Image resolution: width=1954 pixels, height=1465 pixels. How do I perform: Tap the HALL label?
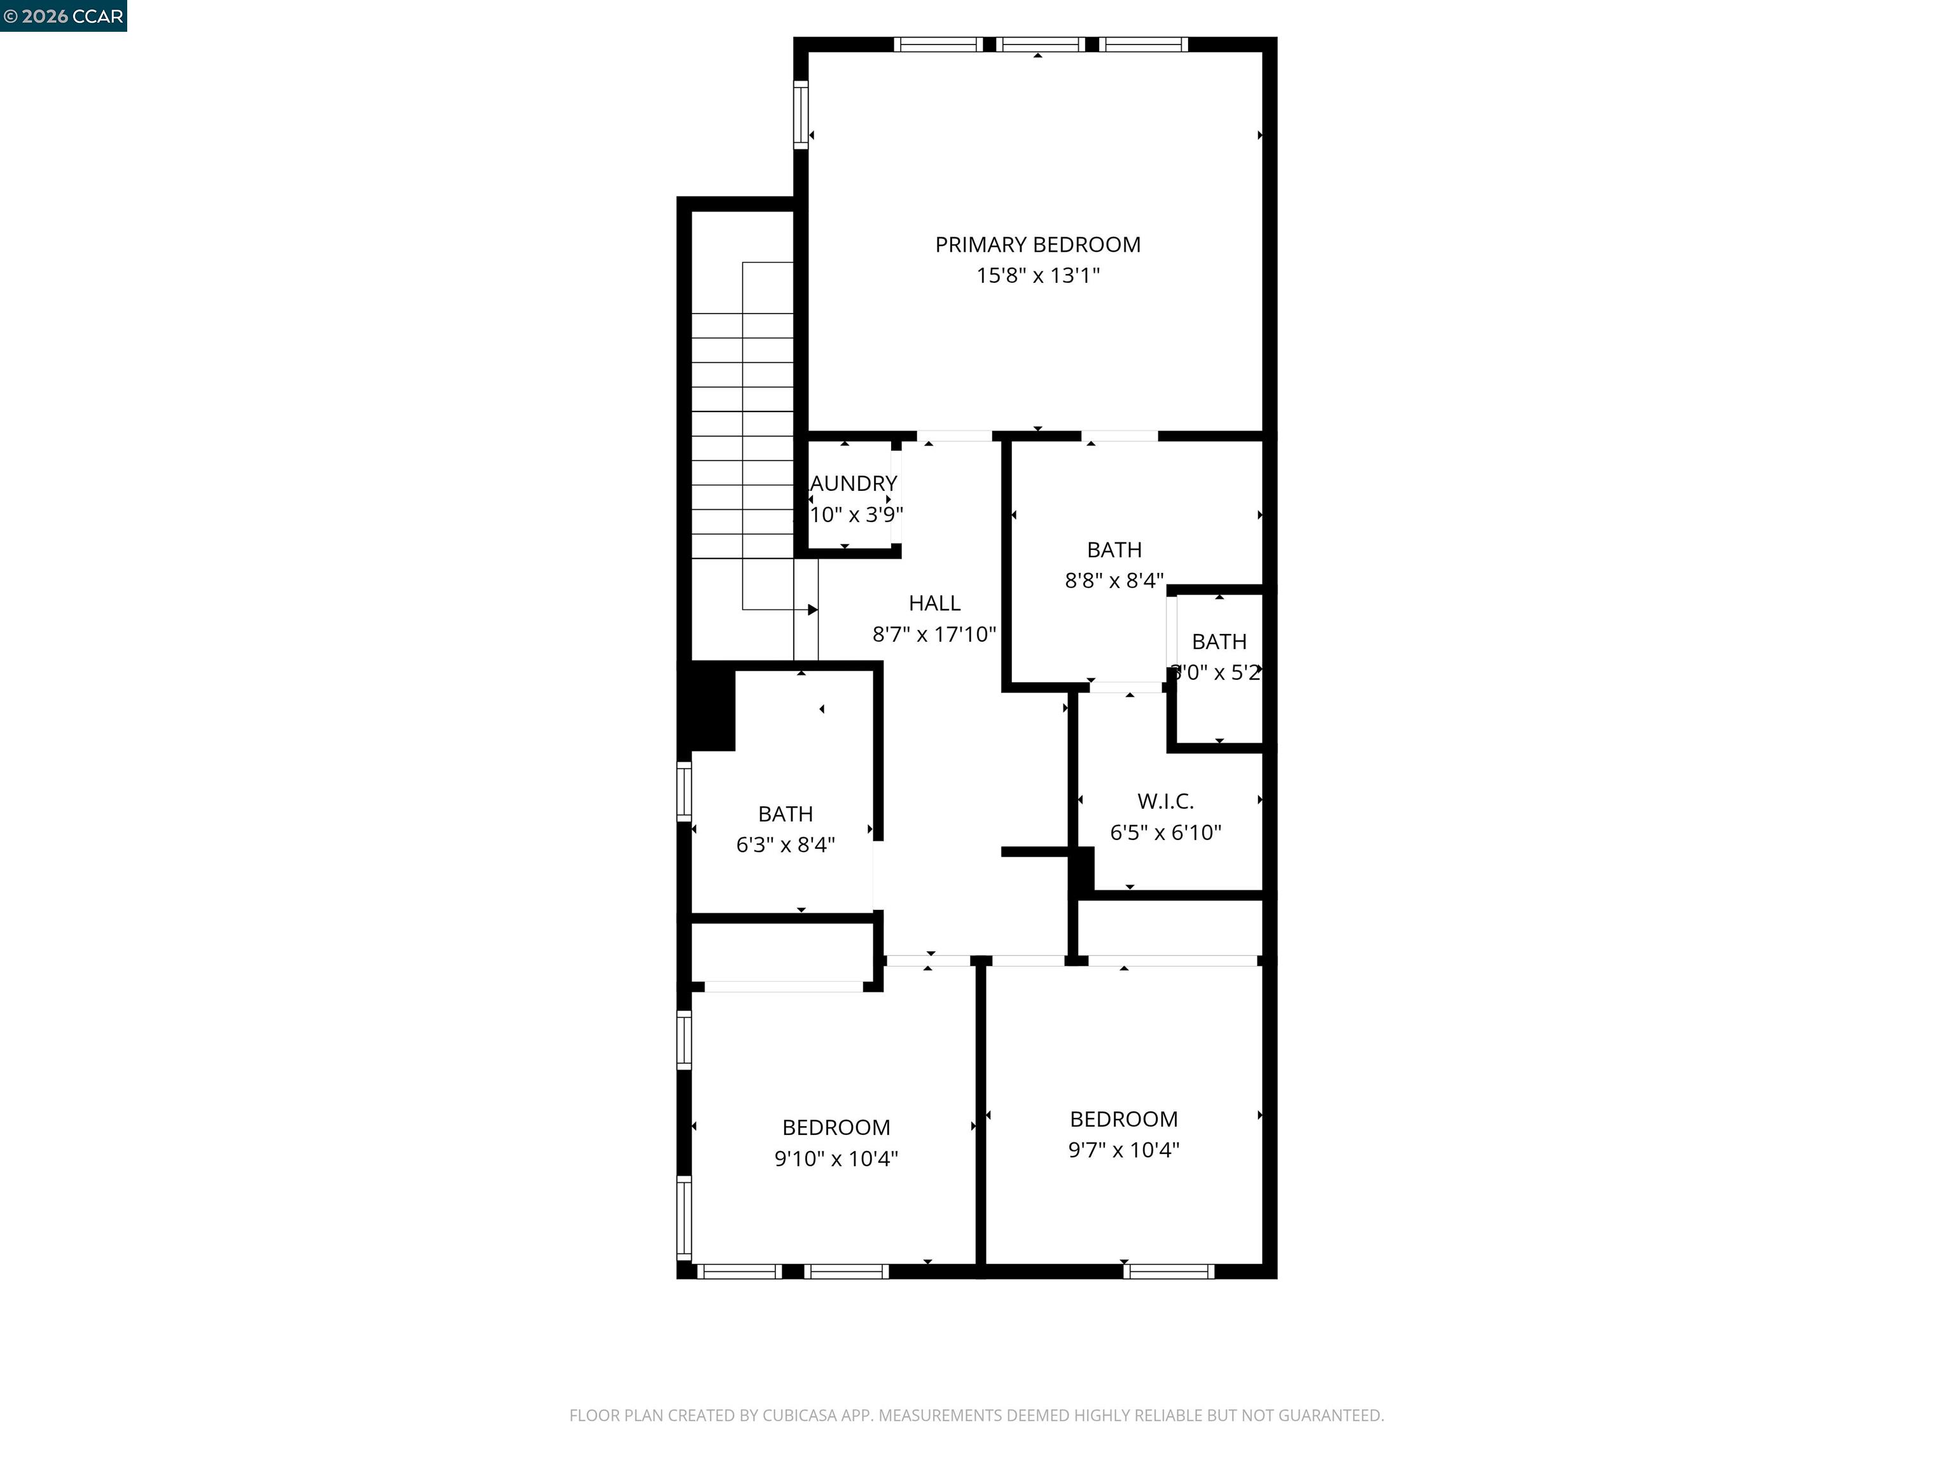click(x=934, y=603)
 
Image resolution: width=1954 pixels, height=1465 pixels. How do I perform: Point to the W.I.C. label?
click(x=1165, y=801)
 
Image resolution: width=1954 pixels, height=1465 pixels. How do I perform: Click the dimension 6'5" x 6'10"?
click(x=1165, y=832)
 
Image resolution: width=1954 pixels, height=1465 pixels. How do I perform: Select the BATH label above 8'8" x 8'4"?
click(x=1114, y=549)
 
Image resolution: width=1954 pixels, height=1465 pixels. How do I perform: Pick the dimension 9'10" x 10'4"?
click(x=836, y=1158)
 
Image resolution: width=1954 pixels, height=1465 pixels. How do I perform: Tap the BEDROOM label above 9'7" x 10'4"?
click(x=1124, y=1119)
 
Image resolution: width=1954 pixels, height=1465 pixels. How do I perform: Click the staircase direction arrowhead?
click(x=813, y=609)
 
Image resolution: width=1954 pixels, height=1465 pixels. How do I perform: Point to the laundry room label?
click(x=854, y=483)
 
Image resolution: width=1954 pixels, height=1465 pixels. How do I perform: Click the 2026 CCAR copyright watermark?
click(x=63, y=16)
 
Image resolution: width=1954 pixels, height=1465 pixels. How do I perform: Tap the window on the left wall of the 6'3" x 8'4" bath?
click(x=684, y=790)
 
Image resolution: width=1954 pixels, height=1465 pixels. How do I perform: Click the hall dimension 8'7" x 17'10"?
click(x=934, y=634)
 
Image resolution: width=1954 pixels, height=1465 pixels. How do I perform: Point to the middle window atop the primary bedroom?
click(x=1043, y=44)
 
